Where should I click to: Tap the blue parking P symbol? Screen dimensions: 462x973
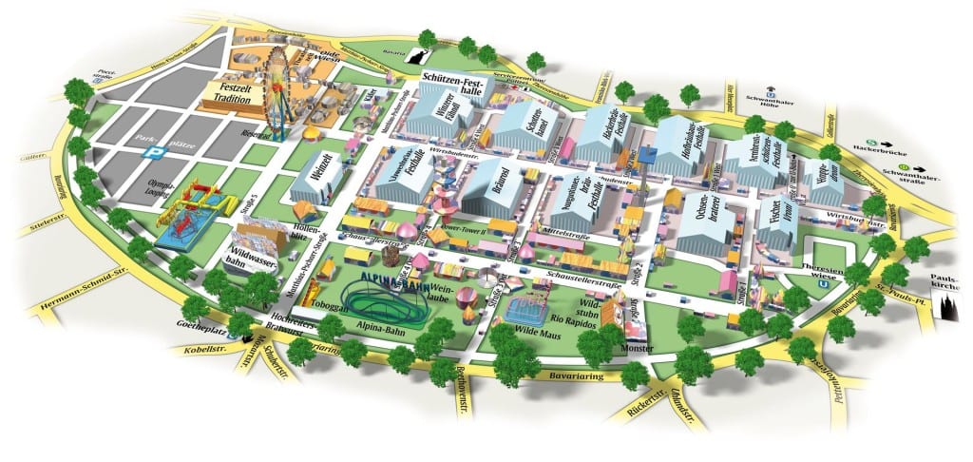[x=149, y=152]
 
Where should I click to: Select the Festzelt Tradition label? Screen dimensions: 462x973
[x=230, y=95]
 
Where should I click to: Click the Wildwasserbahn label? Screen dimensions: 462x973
[x=249, y=258]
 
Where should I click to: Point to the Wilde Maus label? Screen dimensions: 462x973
[x=533, y=332]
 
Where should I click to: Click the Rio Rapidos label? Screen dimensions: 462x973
[x=574, y=318]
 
